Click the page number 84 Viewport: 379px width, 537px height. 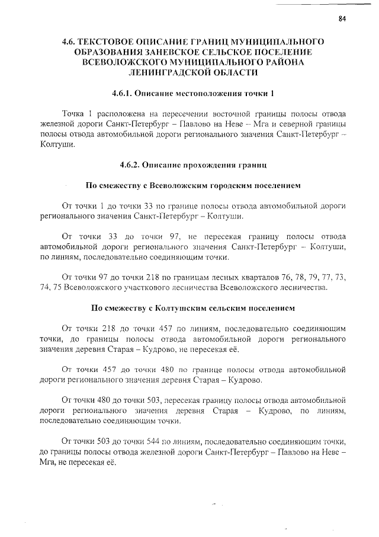pyautogui.click(x=342, y=18)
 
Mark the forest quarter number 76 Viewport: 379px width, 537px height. pyautogui.click(x=262, y=277)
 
